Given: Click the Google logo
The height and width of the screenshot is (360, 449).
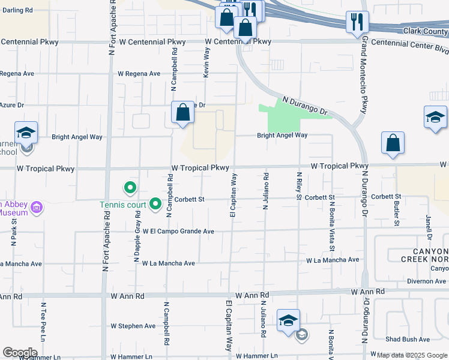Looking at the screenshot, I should pyautogui.click(x=20, y=353).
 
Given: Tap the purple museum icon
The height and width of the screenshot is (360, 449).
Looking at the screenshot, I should pyautogui.click(x=37, y=208).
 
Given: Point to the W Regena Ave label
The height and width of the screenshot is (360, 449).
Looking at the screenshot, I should pyautogui.click(x=139, y=74).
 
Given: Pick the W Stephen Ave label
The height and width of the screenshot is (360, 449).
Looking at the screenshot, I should pyautogui.click(x=133, y=326).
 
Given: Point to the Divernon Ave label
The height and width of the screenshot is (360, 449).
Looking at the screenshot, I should pyautogui.click(x=426, y=281).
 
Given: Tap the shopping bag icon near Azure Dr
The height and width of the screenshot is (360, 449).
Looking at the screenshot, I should pyautogui.click(x=182, y=112).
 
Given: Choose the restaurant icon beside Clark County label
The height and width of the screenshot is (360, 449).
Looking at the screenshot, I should pyautogui.click(x=358, y=22).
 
